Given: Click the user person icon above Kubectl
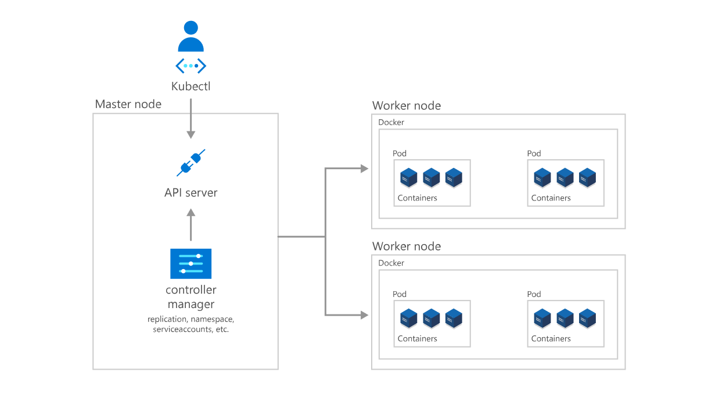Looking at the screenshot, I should point(191,37).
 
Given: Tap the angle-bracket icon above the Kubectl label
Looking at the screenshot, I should point(191,66).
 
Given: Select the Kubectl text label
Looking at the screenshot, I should point(191,86).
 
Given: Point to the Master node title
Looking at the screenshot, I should point(128,104).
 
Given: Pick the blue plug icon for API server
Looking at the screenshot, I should point(191,163).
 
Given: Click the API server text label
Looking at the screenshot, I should point(191,192).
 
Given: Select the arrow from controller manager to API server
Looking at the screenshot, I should point(191,226).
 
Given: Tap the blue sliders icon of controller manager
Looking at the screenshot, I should point(191,263).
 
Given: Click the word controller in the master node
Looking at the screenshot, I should point(191,290).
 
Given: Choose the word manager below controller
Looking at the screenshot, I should point(191,305).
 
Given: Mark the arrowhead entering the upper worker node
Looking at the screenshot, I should point(365,169).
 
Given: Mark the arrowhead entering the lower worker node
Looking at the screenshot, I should point(365,315).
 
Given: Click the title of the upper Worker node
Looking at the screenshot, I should point(406,106).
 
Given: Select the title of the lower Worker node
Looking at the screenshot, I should point(406,246).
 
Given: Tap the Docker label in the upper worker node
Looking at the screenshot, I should point(391,123).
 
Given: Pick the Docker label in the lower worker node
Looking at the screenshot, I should point(391,263).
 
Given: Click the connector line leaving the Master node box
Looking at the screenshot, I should point(301,237).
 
